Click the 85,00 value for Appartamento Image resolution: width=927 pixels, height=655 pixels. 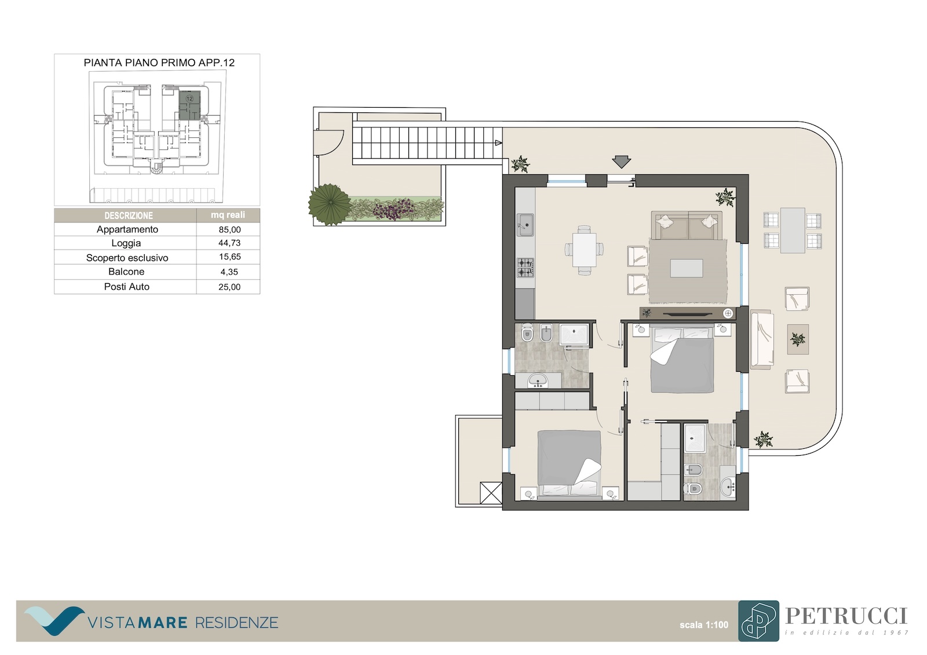tap(229, 230)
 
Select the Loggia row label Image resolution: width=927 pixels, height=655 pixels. tap(126, 243)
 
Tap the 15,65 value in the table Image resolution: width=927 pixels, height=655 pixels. tap(229, 257)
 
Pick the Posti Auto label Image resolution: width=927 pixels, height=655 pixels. tap(127, 287)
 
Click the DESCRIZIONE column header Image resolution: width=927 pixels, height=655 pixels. tap(129, 215)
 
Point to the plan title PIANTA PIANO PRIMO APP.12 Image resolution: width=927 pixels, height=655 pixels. tap(159, 63)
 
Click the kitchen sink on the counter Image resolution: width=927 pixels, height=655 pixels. tap(525, 225)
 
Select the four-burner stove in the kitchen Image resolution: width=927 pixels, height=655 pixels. tap(525, 268)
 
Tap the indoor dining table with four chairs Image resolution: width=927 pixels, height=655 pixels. tap(585, 250)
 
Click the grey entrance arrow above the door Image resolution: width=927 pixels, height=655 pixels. tap(621, 162)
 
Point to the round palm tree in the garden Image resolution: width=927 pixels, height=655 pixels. tap(330, 204)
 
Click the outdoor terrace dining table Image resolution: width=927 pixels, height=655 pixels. tap(793, 230)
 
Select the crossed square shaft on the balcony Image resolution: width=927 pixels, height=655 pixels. tap(491, 493)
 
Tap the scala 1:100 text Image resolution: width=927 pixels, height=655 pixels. tap(704, 625)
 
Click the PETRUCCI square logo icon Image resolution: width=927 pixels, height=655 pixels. tap(758, 621)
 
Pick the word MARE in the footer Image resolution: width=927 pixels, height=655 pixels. tap(163, 623)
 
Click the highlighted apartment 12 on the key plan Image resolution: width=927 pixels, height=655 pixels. tap(189, 105)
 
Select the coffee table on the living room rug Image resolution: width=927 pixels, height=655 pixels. tap(687, 268)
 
